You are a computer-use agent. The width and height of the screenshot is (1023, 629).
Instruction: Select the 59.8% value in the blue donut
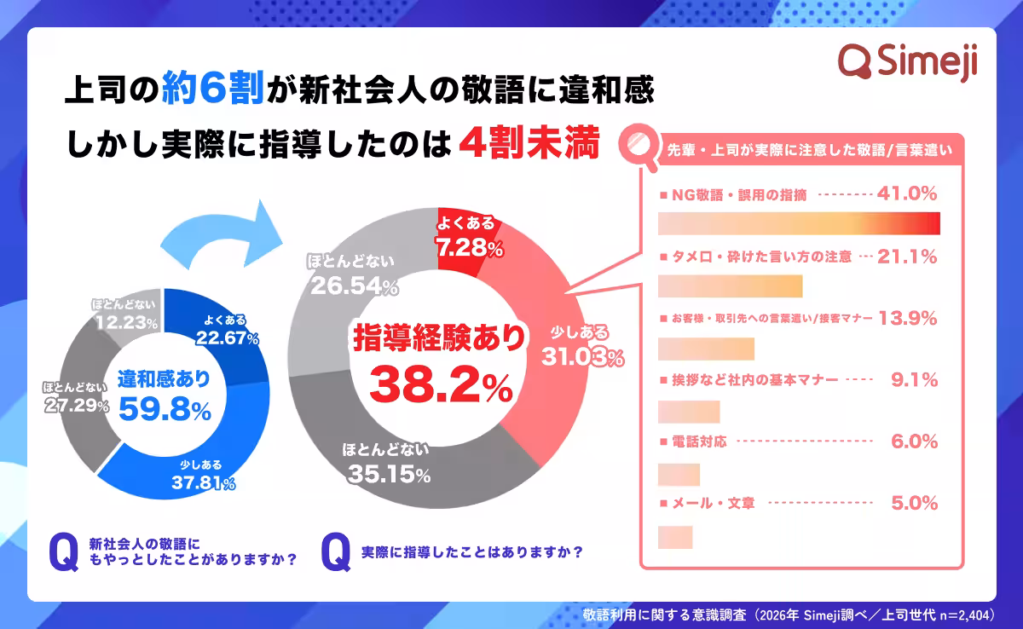pyautogui.click(x=165, y=409)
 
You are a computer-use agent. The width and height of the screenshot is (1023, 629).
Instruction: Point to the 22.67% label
pyautogui.click(x=225, y=338)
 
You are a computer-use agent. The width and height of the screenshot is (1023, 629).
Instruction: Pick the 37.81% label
pyautogui.click(x=202, y=484)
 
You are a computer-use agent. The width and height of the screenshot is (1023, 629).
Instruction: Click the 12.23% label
pyautogui.click(x=125, y=322)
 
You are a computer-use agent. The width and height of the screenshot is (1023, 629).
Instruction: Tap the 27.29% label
pyautogui.click(x=77, y=406)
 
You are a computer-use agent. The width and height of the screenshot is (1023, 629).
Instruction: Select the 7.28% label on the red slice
pyautogui.click(x=466, y=248)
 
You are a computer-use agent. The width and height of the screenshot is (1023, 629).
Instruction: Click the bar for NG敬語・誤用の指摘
pyautogui.click(x=800, y=223)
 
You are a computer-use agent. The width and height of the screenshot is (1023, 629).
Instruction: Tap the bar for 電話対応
pyautogui.click(x=679, y=474)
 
